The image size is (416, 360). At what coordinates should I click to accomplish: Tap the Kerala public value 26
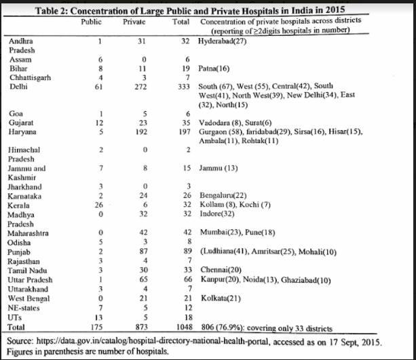[98, 203]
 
